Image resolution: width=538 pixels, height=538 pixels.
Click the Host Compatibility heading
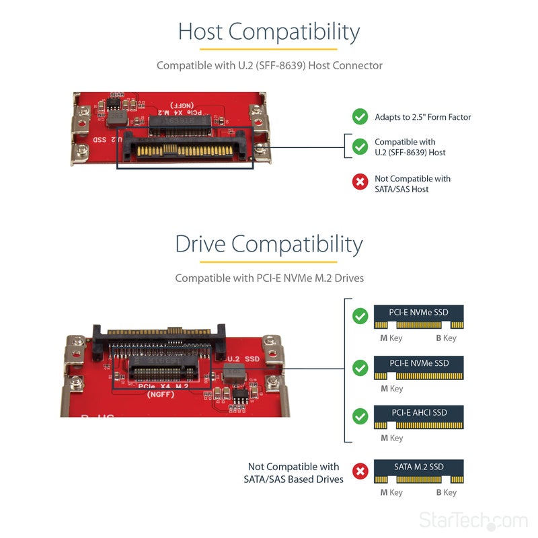[x=269, y=32]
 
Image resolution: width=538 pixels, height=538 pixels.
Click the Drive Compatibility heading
[x=269, y=243]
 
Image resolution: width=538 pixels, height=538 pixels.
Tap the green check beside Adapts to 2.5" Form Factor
[x=360, y=117]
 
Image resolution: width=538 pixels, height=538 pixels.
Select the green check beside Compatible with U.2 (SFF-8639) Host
[x=360, y=147]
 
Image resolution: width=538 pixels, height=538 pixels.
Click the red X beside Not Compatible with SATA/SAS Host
[x=360, y=182]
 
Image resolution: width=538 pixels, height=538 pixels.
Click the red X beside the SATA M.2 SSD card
[x=360, y=471]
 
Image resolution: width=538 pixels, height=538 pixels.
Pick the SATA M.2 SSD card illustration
[x=418, y=471]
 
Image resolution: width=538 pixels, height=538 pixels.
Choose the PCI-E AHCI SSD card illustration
[x=418, y=417]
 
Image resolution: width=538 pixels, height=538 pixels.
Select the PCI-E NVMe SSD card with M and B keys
[x=418, y=317]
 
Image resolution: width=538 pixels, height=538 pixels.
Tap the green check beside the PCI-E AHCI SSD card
[x=360, y=416]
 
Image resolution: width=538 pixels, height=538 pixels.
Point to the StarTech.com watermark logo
[x=473, y=521]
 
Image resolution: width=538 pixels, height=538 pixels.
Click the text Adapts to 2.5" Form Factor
[x=422, y=117]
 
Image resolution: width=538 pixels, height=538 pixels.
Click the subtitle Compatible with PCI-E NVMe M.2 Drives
[x=269, y=278]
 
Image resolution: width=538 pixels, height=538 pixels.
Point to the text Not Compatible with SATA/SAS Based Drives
[x=293, y=473]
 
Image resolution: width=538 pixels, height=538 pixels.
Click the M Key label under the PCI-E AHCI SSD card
[x=391, y=438]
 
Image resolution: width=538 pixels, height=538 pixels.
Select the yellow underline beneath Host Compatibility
[x=269, y=49]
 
